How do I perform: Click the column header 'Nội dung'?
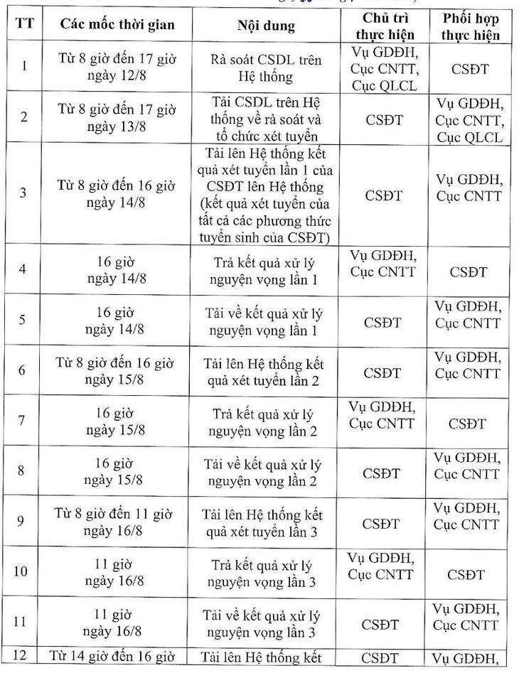click(x=266, y=27)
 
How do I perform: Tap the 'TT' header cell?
click(x=23, y=26)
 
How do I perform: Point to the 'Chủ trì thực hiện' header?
click(x=385, y=26)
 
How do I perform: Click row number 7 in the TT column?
click(x=22, y=421)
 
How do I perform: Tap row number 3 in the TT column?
click(x=22, y=193)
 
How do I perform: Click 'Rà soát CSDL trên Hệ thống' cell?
click(x=266, y=69)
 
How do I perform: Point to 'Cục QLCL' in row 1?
click(x=384, y=87)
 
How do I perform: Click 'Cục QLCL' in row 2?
click(x=469, y=137)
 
